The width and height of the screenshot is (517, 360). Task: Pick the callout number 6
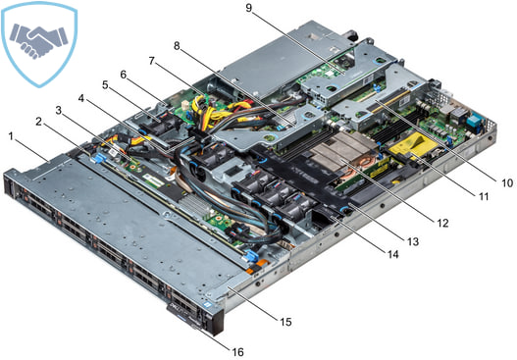(x=124, y=74)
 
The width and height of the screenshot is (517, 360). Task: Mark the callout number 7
(x=151, y=60)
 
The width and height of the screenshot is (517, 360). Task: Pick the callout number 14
(x=392, y=256)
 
